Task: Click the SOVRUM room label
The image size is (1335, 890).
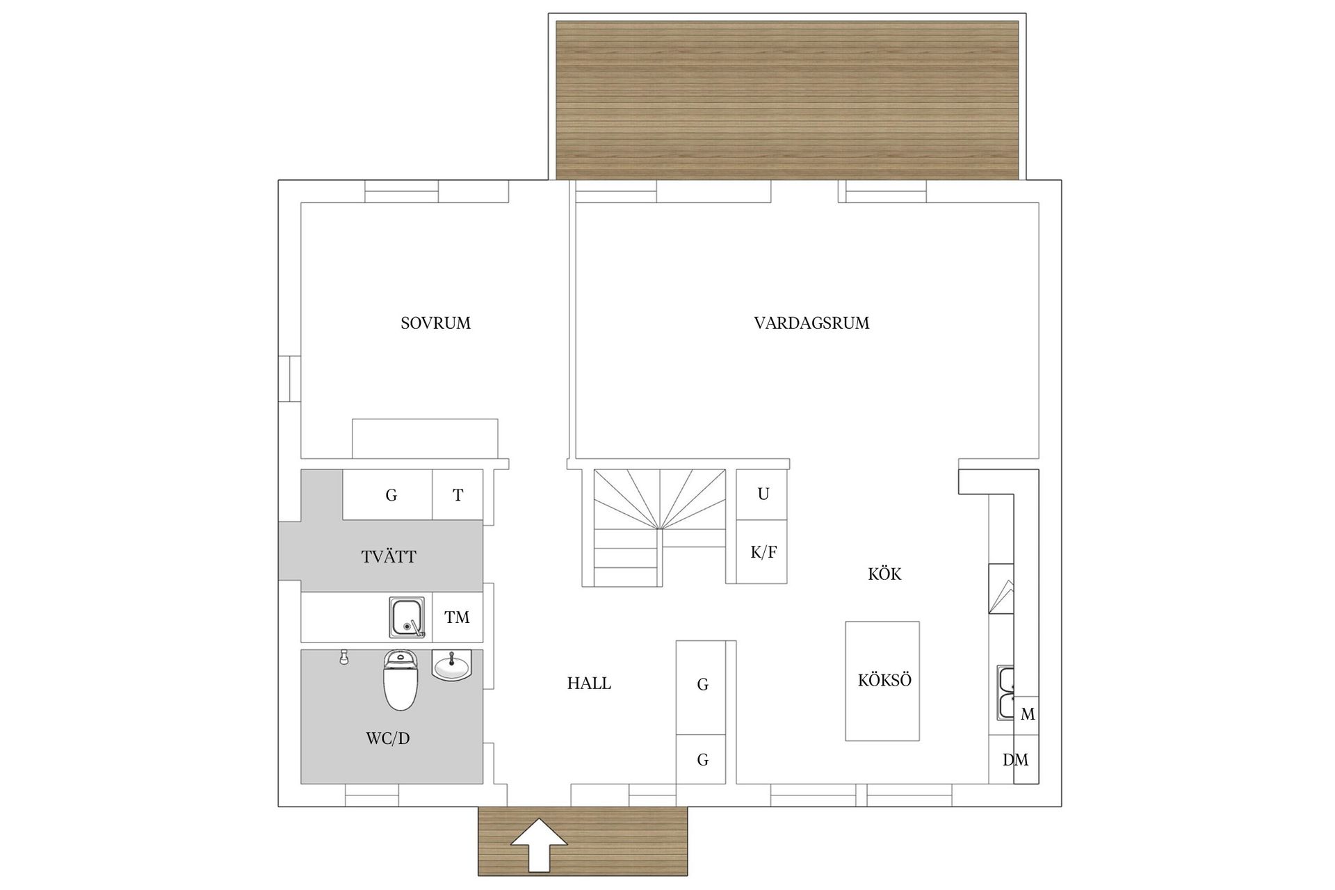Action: coord(435,323)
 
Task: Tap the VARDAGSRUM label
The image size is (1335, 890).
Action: coord(811,323)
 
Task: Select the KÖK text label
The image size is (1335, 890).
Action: coord(884,574)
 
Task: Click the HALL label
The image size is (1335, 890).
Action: coord(589,683)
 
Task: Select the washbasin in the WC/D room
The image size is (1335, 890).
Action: coord(452,665)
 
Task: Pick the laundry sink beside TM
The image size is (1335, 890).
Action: coord(407,617)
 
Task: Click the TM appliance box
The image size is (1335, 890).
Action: coord(457,617)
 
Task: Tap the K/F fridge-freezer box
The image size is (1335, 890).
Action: coord(763,553)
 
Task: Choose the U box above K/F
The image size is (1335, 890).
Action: coord(763,494)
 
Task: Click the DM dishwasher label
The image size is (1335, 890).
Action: coord(1015,760)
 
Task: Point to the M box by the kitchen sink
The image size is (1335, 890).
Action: coord(1027,714)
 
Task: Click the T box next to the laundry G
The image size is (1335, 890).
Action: coord(458,495)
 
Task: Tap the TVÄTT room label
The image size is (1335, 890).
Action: coord(389,557)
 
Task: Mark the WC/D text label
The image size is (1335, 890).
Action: coord(388,738)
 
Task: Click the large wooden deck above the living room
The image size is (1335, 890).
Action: coord(787,99)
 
